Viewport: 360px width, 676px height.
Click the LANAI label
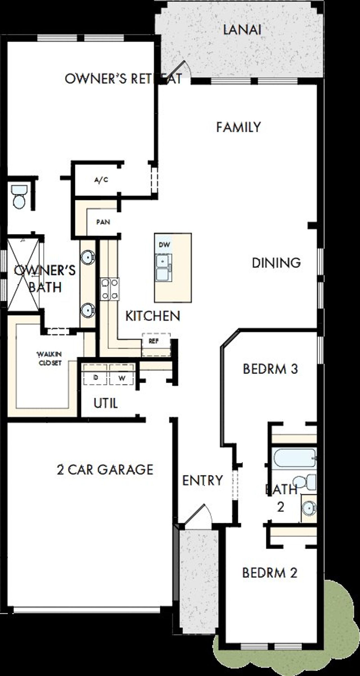(242, 30)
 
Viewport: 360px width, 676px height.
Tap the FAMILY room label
(238, 127)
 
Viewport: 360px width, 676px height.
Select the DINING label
(276, 263)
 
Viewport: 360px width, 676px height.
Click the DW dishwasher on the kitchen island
(164, 245)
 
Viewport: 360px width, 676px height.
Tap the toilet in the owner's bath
(19, 197)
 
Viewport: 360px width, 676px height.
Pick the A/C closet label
(101, 180)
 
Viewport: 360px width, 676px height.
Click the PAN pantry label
(103, 222)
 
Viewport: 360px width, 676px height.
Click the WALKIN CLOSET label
(50, 359)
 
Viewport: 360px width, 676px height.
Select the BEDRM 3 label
(270, 369)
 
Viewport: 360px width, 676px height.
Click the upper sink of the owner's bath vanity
(88, 257)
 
